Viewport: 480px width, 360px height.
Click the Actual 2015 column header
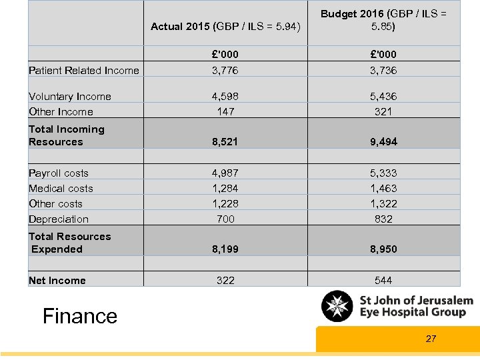[x=225, y=27]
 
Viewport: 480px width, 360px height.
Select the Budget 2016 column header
[x=383, y=21]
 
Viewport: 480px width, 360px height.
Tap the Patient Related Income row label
[x=84, y=71]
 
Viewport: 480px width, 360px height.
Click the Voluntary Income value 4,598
[x=225, y=97]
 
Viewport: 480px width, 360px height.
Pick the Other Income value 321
[x=383, y=112]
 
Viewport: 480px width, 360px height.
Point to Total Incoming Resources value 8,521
[x=225, y=142]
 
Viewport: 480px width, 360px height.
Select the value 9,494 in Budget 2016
[x=383, y=142]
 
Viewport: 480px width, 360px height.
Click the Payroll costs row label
[x=59, y=173]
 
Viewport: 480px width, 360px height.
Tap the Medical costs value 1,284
[x=225, y=189]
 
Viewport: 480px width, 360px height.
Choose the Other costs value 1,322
[x=383, y=204]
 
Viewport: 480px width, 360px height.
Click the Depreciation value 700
[x=225, y=219]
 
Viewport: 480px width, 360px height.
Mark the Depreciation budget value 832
[x=383, y=219]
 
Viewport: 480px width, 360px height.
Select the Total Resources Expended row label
[x=69, y=243]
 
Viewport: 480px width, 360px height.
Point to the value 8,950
[x=383, y=249]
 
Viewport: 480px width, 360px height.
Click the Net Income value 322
[x=225, y=281]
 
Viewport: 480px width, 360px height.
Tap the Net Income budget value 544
[x=383, y=281]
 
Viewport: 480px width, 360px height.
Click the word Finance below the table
[x=80, y=316]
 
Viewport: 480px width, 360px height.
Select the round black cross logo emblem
[x=338, y=307]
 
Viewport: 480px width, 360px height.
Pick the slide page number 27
[x=431, y=339]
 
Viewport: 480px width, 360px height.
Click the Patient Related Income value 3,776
[x=225, y=71]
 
